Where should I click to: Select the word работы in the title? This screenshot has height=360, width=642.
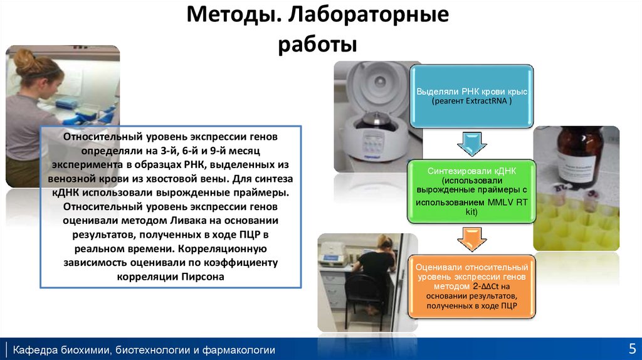click(317, 45)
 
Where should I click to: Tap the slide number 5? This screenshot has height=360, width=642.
click(631, 349)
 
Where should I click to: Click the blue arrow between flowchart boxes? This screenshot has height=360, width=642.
click(471, 146)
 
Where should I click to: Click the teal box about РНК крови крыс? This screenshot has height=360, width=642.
click(471, 96)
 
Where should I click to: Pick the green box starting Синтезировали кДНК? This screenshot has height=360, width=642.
click(471, 191)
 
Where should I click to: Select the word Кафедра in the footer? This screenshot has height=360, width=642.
click(36, 349)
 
